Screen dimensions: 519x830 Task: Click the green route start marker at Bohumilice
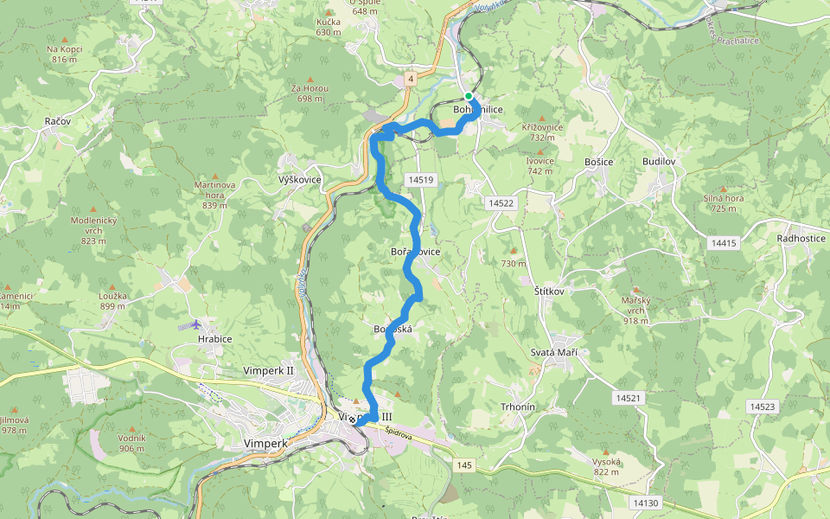pyautogui.click(x=469, y=96)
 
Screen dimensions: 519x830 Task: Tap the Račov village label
pyautogui.click(x=57, y=123)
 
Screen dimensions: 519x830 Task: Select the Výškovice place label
pyautogui.click(x=300, y=180)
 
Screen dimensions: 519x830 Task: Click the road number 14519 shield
pyautogui.click(x=418, y=179)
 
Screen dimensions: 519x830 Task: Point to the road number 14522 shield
pyautogui.click(x=501, y=202)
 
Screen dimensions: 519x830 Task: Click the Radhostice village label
pyautogui.click(x=801, y=238)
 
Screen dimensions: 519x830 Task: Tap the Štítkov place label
pyautogui.click(x=548, y=292)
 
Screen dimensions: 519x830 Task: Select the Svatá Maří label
pyautogui.click(x=553, y=353)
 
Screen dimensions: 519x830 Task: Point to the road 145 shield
pyautogui.click(x=465, y=465)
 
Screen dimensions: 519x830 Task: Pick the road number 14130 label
pyautogui.click(x=645, y=503)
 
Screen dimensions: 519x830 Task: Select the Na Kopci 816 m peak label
pyautogui.click(x=65, y=54)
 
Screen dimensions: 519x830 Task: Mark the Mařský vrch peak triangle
pyautogui.click(x=638, y=291)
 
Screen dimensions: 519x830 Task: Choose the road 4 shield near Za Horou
pyautogui.click(x=412, y=79)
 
